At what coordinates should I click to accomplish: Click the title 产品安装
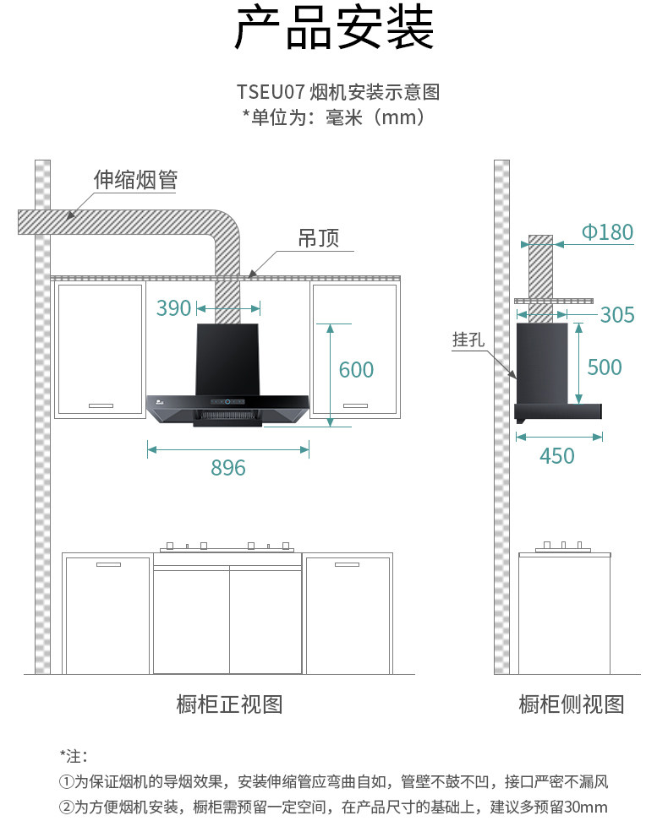[334, 30]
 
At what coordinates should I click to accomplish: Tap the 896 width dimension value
[228, 468]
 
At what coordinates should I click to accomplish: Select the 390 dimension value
[174, 308]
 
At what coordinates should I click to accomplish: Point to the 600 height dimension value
[356, 370]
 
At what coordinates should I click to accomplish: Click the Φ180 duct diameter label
[607, 232]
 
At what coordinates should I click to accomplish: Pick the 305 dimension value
[617, 315]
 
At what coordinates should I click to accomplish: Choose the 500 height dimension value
[604, 367]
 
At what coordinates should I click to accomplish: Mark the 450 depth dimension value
[557, 456]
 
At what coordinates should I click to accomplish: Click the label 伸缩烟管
[135, 179]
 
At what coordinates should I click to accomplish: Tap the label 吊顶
[319, 238]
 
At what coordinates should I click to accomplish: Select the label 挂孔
[468, 340]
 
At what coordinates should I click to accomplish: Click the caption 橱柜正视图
[229, 704]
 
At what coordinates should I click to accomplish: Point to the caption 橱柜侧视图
[572, 704]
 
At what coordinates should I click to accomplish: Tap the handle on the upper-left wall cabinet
[101, 405]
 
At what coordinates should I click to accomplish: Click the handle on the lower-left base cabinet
[108, 564]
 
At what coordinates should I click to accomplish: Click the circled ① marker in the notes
[66, 781]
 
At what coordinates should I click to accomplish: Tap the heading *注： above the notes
[74, 754]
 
